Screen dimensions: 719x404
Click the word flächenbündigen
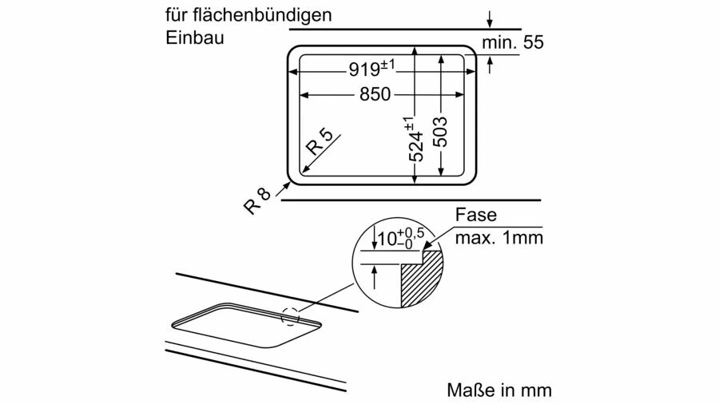[262, 15]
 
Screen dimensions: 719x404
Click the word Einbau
[195, 37]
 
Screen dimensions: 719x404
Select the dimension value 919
[364, 69]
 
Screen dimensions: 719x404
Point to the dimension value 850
[375, 94]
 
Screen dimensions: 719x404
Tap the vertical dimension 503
[439, 132]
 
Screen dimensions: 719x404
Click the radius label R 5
[319, 141]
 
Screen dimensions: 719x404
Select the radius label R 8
[257, 200]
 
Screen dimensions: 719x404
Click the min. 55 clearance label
[513, 42]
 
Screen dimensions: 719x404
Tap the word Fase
[475, 214]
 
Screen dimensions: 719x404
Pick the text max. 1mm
[499, 238]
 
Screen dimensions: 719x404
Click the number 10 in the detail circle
[387, 239]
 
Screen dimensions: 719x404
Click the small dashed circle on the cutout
[290, 315]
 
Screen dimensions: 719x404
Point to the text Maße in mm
[499, 390]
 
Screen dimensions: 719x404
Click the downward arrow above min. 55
[490, 19]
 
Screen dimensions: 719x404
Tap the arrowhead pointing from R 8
[288, 185]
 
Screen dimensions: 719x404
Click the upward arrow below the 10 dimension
[375, 277]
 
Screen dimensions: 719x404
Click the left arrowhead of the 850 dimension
[304, 95]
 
